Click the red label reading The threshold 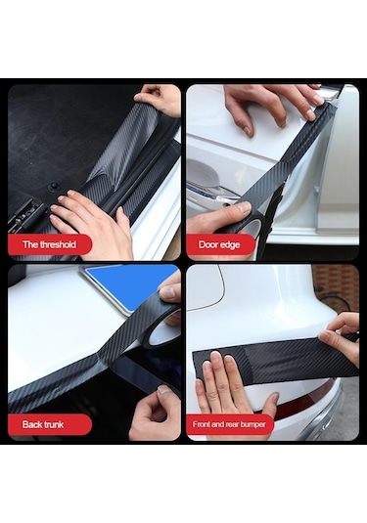49,244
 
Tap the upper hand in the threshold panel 161,99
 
